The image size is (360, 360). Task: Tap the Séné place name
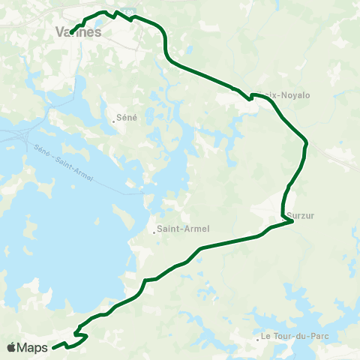(x=125, y=118)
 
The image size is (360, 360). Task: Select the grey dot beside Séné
(x=112, y=118)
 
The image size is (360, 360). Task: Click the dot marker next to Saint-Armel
(x=154, y=230)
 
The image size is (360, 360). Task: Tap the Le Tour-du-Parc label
(x=296, y=336)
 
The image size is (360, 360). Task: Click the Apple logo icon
(x=11, y=347)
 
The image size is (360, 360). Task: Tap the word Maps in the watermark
(x=32, y=347)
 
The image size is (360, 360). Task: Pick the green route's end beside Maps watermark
(x=54, y=347)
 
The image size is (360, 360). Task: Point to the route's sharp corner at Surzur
(x=292, y=220)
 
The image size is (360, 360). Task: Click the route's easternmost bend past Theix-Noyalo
(x=307, y=141)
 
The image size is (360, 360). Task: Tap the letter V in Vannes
(x=61, y=32)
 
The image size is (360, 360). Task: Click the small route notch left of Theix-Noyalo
(x=250, y=97)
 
